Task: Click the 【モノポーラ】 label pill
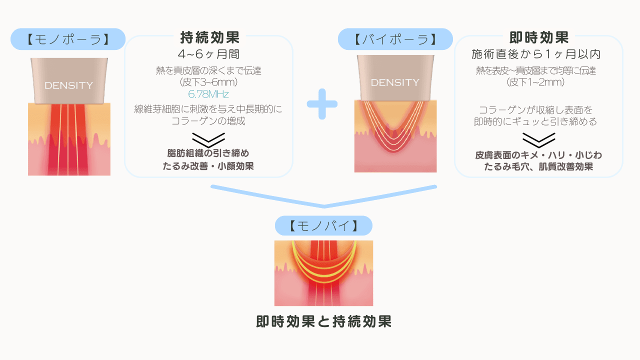click(x=68, y=39)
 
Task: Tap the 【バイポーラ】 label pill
click(x=395, y=39)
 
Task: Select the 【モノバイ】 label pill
click(x=323, y=226)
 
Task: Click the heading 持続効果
click(x=209, y=38)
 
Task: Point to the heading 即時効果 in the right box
click(x=538, y=38)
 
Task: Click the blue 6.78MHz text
click(x=208, y=94)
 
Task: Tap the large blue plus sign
click(x=322, y=104)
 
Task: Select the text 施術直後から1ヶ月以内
click(x=536, y=54)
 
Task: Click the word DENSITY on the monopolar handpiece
click(x=68, y=85)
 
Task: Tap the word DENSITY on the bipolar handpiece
click(x=395, y=82)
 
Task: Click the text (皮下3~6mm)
click(x=208, y=82)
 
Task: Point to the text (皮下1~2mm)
click(x=536, y=82)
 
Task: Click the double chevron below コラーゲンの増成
click(x=208, y=139)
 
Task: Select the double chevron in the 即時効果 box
click(x=538, y=138)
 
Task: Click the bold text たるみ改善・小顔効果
click(x=208, y=166)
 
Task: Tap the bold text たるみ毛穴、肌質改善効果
click(x=538, y=167)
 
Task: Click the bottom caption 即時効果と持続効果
click(x=323, y=321)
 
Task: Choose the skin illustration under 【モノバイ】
click(x=323, y=273)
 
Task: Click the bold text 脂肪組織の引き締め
click(x=208, y=153)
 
